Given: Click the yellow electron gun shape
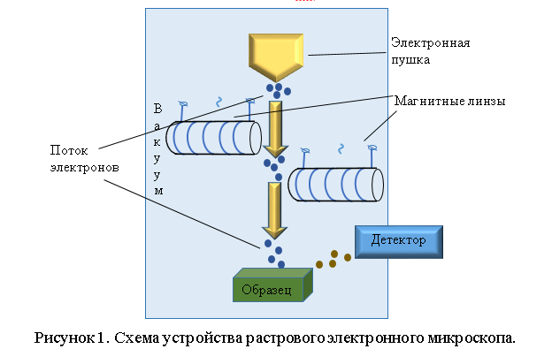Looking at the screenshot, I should tap(277, 55).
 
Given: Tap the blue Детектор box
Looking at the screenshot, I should tap(397, 240).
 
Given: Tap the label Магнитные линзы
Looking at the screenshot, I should tap(449, 102).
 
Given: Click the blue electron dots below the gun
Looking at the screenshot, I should tap(278, 90).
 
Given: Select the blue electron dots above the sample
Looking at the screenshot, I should tap(272, 251).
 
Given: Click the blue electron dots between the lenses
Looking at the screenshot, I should tap(273, 166).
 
